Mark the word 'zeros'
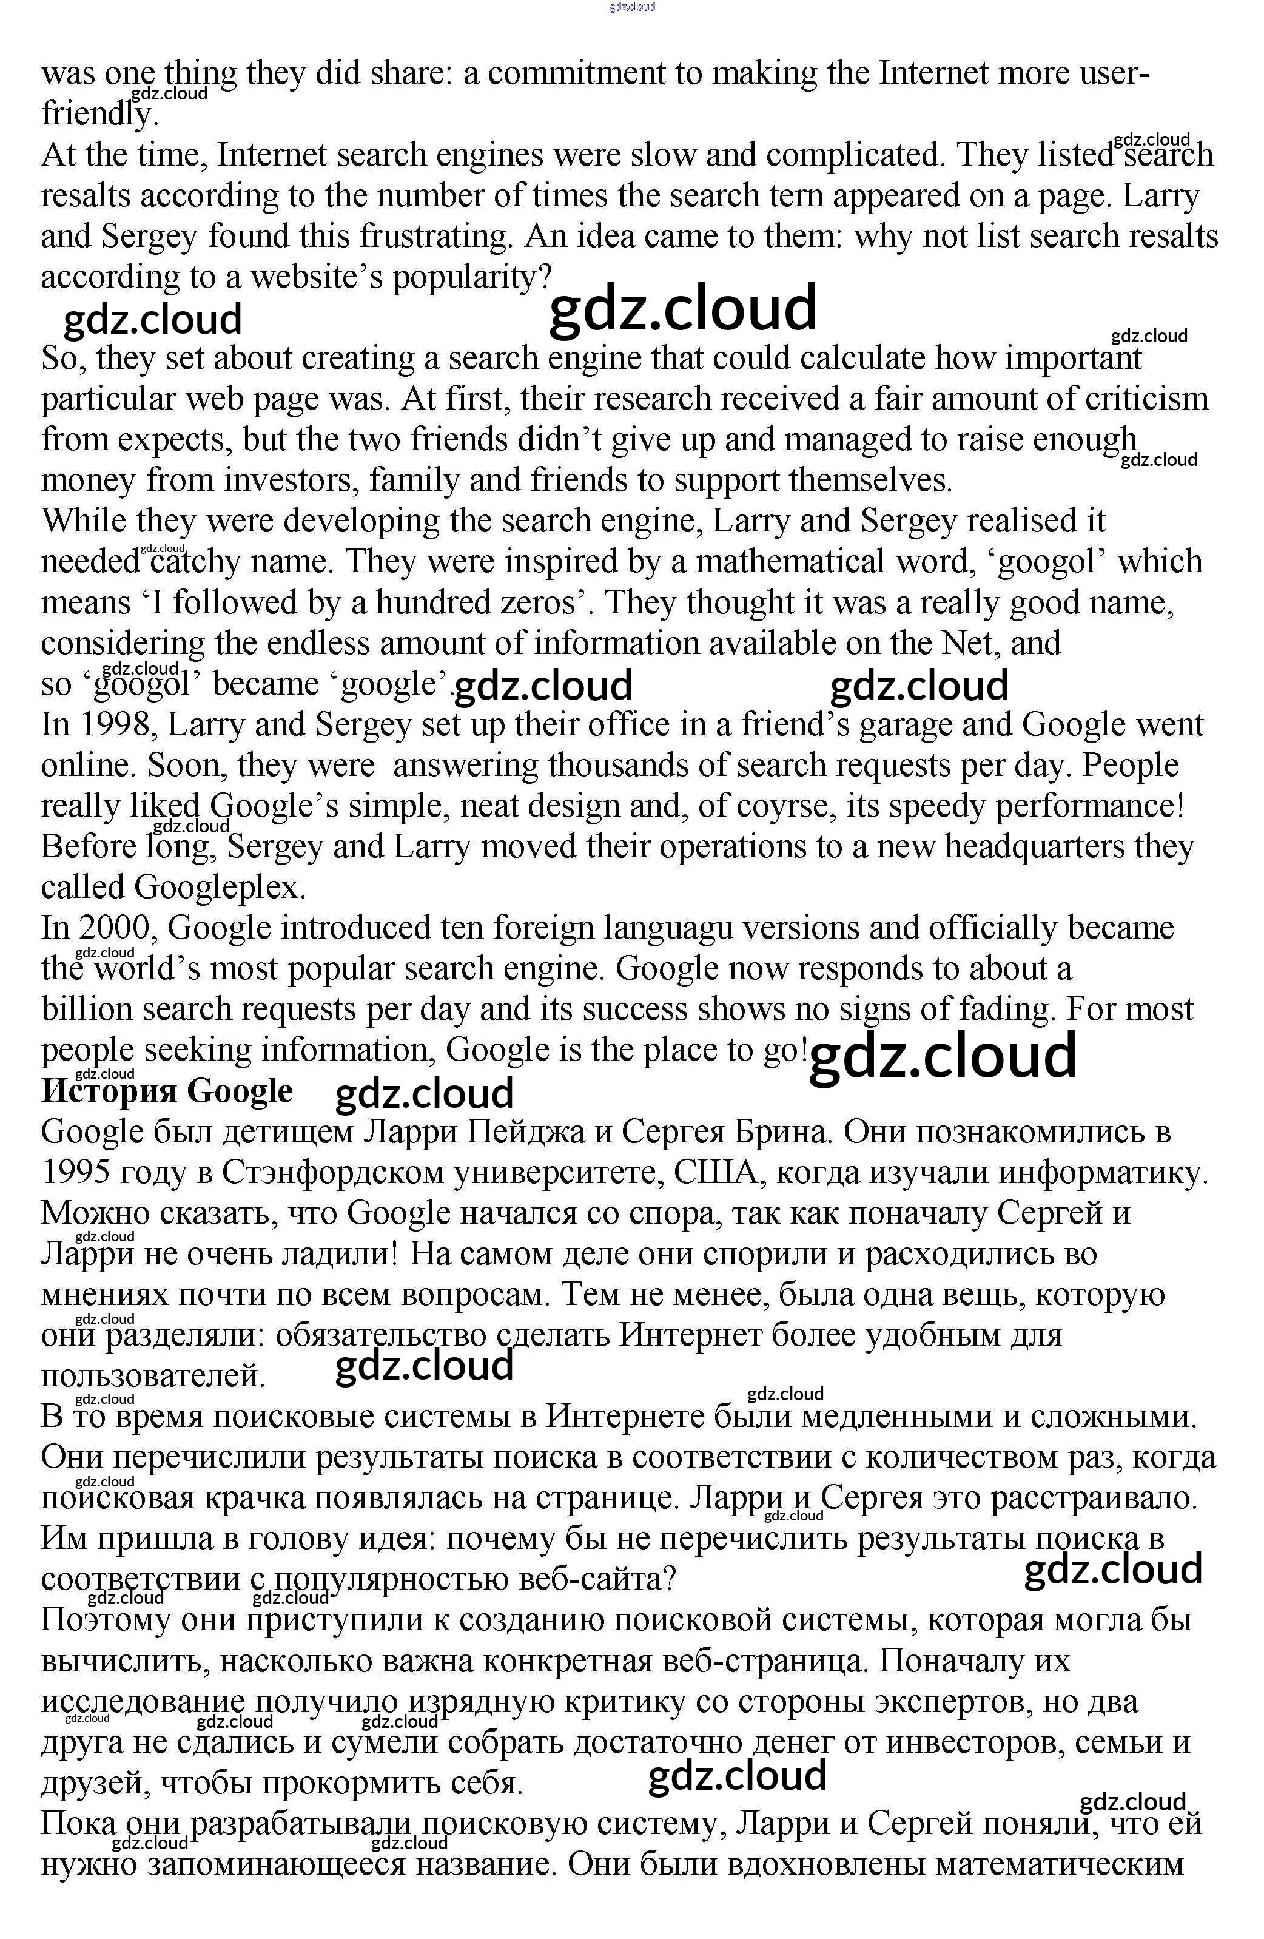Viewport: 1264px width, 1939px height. coord(545,603)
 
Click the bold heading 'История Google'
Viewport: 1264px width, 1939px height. coord(167,1091)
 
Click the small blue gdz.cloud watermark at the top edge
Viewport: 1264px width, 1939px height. coord(632,7)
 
